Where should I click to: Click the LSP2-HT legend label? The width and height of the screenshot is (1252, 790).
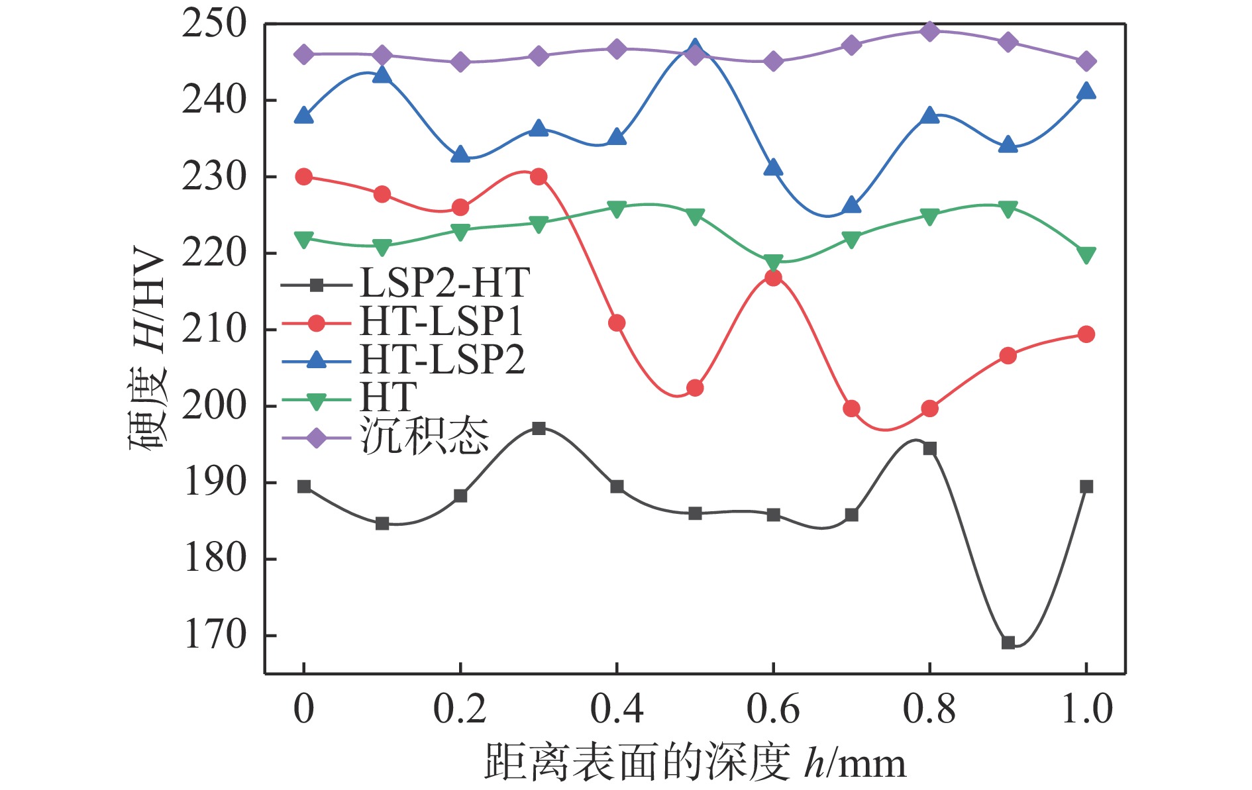[444, 283]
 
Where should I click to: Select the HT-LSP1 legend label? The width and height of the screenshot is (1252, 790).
[442, 322]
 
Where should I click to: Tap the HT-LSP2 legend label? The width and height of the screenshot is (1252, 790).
[443, 360]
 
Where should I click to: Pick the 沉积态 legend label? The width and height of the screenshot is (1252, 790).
[425, 437]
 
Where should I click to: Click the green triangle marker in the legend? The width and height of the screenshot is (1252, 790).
[317, 401]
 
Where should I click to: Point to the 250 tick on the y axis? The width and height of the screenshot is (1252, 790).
[213, 25]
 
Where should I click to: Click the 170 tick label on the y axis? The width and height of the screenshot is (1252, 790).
[213, 635]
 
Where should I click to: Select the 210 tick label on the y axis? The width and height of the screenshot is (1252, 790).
[213, 329]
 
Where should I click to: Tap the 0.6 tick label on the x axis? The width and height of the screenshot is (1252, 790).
[773, 709]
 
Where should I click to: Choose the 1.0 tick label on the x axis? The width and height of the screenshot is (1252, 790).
[1086, 709]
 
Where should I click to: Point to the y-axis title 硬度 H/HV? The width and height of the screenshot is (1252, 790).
[147, 349]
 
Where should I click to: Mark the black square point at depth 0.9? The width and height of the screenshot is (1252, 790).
[1008, 642]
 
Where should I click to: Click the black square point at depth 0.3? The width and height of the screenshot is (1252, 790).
[539, 428]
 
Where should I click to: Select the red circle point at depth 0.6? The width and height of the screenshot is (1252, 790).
[773, 278]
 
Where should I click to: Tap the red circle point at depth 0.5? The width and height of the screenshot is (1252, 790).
[695, 388]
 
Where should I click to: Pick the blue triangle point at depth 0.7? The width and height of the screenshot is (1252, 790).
[852, 206]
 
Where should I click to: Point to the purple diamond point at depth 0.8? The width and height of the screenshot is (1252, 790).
[930, 31]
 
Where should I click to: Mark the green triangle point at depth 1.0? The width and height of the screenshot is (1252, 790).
[1086, 255]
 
